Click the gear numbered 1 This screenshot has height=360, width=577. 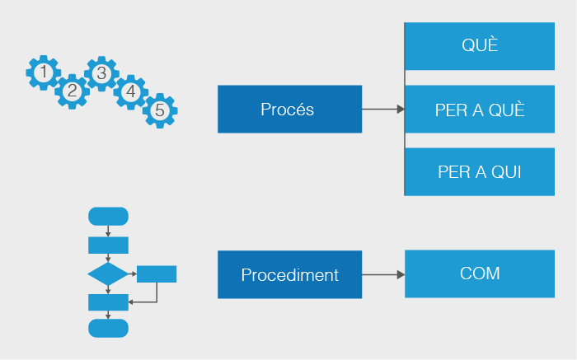(x=43, y=73)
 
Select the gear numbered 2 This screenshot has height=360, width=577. (x=73, y=91)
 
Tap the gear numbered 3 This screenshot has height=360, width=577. (x=101, y=73)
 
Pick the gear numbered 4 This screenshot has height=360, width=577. (x=130, y=92)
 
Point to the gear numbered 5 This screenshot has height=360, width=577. (x=160, y=110)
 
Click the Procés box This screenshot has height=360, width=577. (x=289, y=109)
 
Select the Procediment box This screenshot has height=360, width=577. (x=289, y=274)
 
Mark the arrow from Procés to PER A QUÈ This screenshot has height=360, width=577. (x=383, y=109)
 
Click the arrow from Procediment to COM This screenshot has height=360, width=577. (x=383, y=274)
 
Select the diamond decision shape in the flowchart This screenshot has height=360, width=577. (x=108, y=274)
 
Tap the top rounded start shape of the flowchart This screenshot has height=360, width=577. (x=108, y=216)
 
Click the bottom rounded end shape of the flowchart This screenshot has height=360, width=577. (x=108, y=327)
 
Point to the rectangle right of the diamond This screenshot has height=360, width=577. (x=157, y=274)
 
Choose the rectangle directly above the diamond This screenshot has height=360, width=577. (x=108, y=245)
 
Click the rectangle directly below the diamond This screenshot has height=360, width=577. (x=108, y=302)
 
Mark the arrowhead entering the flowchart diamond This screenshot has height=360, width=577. (x=108, y=259)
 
